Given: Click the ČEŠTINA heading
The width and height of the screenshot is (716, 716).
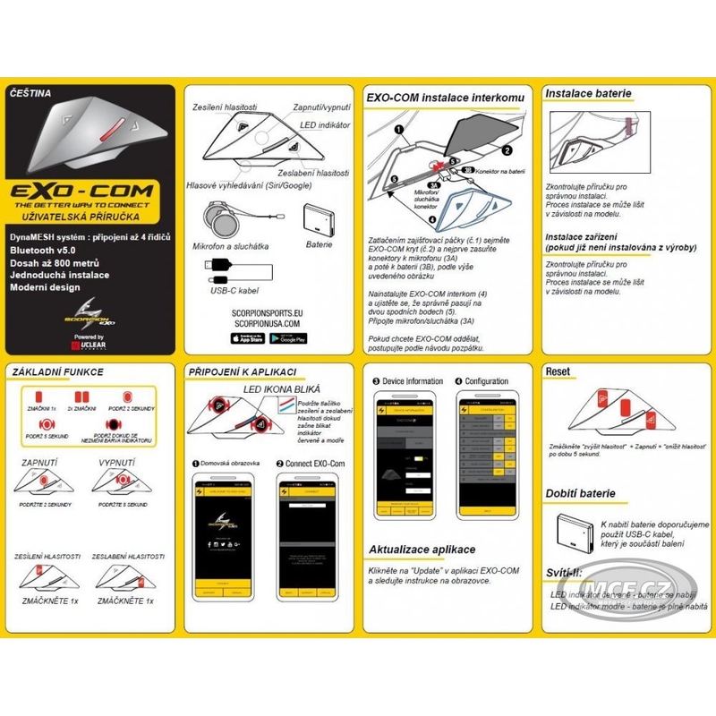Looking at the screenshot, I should [32, 92].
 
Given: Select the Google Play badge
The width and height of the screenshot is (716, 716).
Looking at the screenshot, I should [287, 338].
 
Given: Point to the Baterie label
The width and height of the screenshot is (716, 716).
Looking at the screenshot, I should [318, 243].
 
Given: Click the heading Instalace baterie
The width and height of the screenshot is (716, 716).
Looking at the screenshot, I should [588, 92].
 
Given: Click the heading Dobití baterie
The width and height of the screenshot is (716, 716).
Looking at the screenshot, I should [581, 493].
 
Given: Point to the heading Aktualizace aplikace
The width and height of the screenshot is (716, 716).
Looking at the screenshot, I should [422, 549].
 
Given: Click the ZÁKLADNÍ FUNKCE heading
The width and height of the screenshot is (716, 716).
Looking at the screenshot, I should [57, 371].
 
